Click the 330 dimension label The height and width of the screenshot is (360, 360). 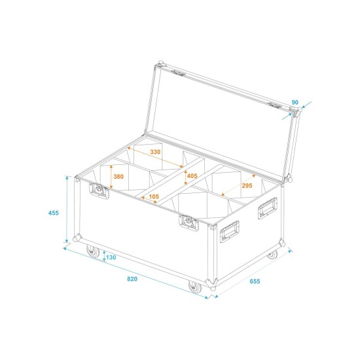155,152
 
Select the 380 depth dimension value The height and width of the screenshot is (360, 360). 118,176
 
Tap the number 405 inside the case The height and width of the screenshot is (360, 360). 191,177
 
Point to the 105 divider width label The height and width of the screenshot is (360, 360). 154,197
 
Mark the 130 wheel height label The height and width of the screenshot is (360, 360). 111,257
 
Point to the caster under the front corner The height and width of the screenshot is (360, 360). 194,287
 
